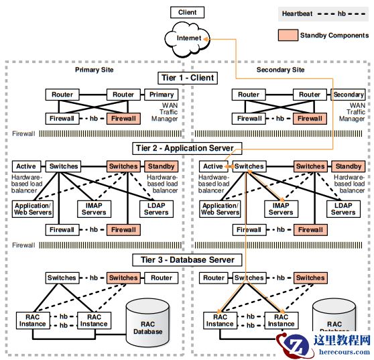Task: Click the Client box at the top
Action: point(187,13)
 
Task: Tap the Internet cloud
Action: point(188,39)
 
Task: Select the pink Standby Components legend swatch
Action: point(288,36)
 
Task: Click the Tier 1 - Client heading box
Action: point(188,78)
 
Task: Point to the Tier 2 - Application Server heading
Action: point(187,148)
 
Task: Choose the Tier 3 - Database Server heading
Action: point(187,260)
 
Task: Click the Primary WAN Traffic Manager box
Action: point(162,95)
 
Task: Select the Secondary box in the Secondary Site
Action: point(348,95)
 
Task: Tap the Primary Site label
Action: point(95,70)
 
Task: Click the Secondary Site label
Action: point(280,70)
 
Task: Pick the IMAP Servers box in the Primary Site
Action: point(94,209)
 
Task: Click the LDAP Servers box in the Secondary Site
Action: point(343,209)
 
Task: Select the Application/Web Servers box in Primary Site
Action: point(33,209)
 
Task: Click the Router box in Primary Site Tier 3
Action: point(162,278)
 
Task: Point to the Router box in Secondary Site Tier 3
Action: point(214,278)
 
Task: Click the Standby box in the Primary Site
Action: point(162,166)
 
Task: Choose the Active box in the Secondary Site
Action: point(212,166)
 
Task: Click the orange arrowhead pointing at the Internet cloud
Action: point(205,39)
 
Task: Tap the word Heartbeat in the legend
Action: point(297,13)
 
